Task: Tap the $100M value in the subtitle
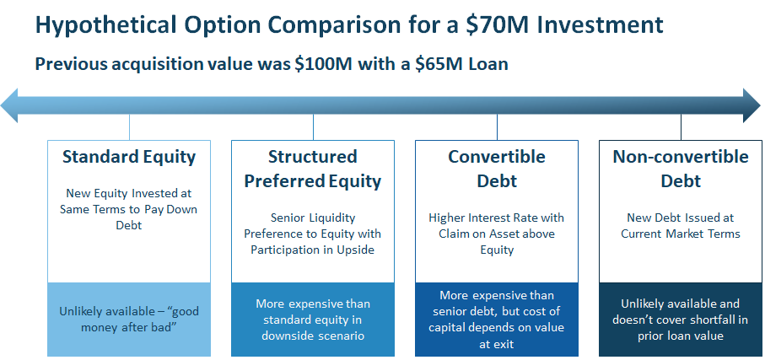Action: [324, 64]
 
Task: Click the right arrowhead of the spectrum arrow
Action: [752, 105]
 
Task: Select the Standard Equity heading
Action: [129, 157]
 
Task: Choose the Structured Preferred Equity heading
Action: [313, 169]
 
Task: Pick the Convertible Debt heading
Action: [497, 169]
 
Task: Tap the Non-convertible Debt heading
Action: [681, 169]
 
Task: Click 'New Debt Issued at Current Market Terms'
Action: [681, 225]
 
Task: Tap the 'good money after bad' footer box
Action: [129, 319]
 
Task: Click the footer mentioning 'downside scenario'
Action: [313, 319]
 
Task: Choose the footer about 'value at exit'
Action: [497, 319]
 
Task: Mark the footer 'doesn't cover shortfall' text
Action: [681, 320]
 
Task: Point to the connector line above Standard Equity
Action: [129, 127]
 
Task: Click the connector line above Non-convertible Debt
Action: [681, 127]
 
